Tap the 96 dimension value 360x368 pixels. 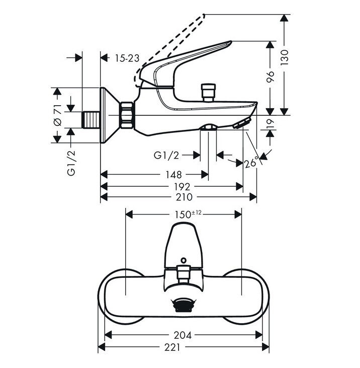click(x=271, y=77)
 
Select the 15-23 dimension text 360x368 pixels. click(x=127, y=58)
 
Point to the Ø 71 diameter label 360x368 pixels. click(x=57, y=115)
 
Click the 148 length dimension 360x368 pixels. click(x=173, y=175)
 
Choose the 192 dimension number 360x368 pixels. click(x=182, y=187)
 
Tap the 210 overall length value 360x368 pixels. click(x=184, y=197)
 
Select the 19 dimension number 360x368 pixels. click(x=271, y=124)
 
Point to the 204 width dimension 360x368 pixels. click(x=183, y=335)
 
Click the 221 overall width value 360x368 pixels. click(x=172, y=347)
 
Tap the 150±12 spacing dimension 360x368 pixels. click(x=188, y=214)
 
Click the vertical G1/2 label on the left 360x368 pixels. click(x=71, y=163)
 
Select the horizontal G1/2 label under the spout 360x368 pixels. click(x=166, y=155)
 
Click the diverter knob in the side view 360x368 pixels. click(x=208, y=92)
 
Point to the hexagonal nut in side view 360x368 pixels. click(x=127, y=115)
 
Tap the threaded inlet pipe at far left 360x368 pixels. click(x=91, y=120)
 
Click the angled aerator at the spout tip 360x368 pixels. click(x=242, y=123)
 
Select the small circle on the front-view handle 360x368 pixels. click(x=184, y=260)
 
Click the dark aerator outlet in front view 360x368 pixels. click(x=184, y=305)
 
